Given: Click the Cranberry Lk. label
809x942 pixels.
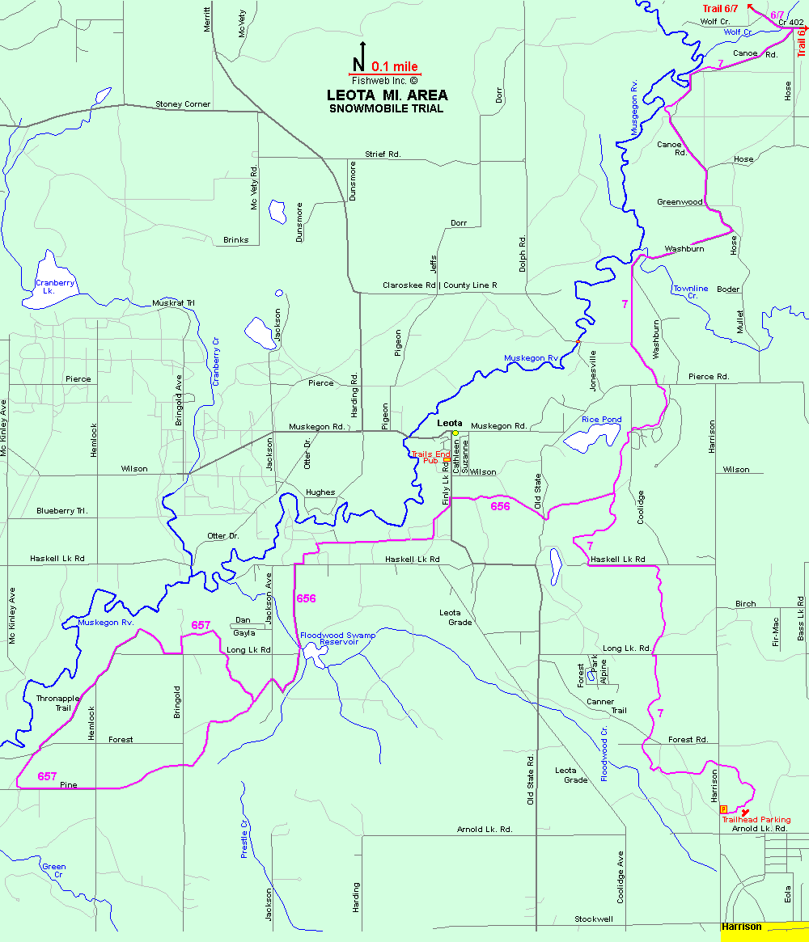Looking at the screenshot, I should click(55, 287).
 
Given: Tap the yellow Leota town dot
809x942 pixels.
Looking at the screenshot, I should click(455, 433).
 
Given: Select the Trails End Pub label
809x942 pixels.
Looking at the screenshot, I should click(430, 458).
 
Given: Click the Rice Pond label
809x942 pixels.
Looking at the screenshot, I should click(601, 420).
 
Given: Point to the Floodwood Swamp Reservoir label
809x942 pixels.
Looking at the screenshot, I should click(338, 639).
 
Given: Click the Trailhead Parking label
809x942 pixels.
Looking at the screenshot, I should click(756, 819).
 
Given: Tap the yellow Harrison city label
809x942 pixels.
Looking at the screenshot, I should click(742, 927).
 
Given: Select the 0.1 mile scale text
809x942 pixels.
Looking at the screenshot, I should click(396, 68).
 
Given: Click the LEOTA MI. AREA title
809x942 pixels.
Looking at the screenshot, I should click(387, 95).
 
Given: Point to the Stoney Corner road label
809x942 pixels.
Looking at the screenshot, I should click(183, 104).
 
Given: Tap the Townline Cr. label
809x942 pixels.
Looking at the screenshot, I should click(690, 293).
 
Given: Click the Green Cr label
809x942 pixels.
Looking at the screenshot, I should click(54, 871).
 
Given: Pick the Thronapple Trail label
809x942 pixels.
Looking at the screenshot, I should click(53, 703).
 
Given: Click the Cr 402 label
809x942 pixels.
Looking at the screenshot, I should click(793, 22).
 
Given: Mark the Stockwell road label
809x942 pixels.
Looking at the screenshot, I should click(594, 919).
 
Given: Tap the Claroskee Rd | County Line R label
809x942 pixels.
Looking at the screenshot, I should click(439, 285).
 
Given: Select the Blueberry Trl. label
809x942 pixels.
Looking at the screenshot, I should click(61, 511).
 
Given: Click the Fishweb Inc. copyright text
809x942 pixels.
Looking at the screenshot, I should click(385, 81).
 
